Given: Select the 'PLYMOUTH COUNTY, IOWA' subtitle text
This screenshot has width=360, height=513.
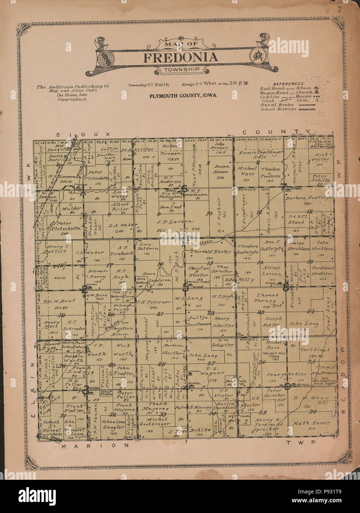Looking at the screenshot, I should point(183,96).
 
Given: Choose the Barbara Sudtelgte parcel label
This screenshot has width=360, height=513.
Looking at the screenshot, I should point(309,198).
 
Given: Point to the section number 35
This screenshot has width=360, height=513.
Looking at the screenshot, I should point(263,412).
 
